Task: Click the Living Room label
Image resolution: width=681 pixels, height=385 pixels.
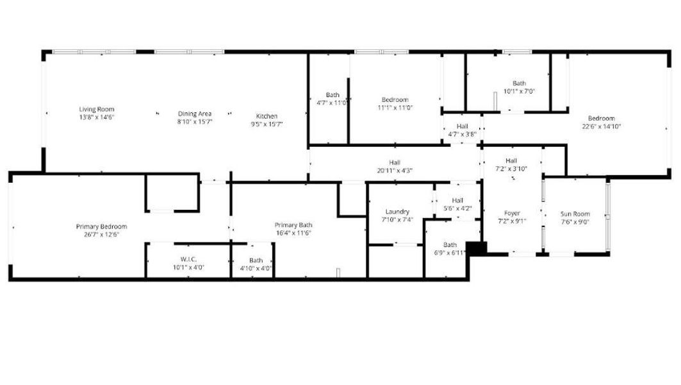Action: (97, 109)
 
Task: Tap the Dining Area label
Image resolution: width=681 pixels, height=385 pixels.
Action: (195, 114)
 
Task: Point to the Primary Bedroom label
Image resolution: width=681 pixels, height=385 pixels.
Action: (101, 227)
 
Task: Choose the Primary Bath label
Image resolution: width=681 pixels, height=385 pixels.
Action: (293, 225)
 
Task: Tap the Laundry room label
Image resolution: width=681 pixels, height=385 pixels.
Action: (397, 212)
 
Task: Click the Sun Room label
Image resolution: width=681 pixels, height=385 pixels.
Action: (575, 214)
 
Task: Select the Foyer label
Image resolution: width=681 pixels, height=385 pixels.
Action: (512, 213)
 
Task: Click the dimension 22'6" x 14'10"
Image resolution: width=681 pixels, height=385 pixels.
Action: (601, 126)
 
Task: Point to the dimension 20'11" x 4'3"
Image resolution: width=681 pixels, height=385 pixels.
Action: (395, 171)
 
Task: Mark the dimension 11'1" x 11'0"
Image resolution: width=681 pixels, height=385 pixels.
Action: (395, 108)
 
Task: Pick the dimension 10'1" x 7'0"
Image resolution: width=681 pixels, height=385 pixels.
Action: (519, 91)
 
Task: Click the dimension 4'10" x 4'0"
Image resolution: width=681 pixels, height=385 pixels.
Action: (256, 268)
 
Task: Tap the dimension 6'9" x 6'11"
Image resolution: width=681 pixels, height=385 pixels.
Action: (450, 253)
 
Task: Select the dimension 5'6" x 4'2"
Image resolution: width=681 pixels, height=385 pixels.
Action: (457, 208)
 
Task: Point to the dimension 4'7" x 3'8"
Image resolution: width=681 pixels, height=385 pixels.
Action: (462, 134)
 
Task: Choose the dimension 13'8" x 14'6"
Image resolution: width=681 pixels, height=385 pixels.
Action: (97, 117)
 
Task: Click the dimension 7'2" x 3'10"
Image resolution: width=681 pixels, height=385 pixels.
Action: (511, 169)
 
